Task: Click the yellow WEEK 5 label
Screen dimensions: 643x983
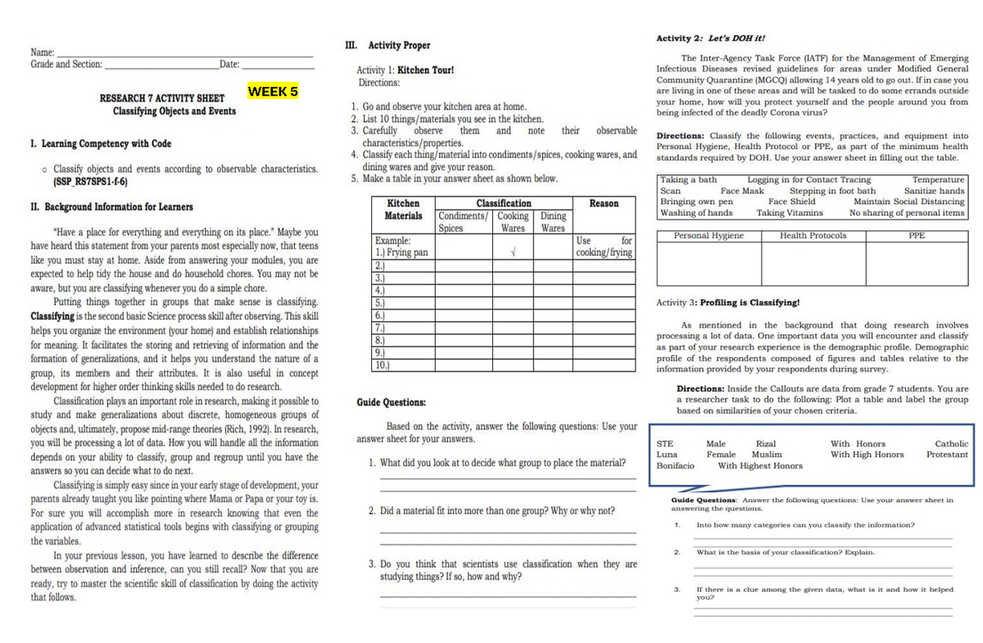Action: [273, 91]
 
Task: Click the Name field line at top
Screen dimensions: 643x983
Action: [184, 54]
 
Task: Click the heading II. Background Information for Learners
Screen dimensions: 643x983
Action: [111, 207]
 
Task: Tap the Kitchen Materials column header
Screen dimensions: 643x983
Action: [403, 209]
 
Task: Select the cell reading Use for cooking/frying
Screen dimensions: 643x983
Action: [604, 247]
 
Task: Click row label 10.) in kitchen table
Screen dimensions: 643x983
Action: [380, 366]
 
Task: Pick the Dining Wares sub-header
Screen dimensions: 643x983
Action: [553, 222]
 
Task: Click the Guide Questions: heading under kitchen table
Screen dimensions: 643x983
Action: [391, 402]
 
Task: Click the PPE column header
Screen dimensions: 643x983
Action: [917, 236]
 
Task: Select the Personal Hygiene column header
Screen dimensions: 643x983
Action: [709, 236]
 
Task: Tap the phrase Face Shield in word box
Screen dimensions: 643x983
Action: [791, 202]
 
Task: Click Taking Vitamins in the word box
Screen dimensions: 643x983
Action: [789, 213]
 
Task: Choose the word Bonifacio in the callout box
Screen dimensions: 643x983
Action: [675, 465]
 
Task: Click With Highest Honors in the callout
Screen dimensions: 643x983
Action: [760, 465]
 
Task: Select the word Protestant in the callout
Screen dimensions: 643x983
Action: [947, 455]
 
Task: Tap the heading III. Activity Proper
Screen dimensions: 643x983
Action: [388, 45]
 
